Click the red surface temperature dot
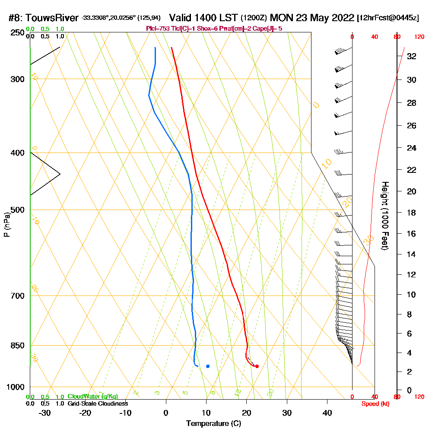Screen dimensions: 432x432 [257, 366]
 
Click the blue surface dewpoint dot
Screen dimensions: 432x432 [208, 366]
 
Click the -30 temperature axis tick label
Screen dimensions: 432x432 [45, 413]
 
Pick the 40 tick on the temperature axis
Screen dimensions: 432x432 [327, 413]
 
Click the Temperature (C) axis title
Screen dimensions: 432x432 [213, 424]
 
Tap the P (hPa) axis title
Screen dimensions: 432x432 [6, 225]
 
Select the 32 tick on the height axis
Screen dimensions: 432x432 [412, 56]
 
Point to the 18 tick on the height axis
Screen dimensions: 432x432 [412, 213]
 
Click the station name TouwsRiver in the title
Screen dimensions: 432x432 [53, 18]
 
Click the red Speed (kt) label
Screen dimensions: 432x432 [375, 403]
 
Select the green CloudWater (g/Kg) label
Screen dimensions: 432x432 [92, 397]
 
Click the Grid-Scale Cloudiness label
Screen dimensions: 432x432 [97, 403]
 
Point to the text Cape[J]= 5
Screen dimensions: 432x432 [267, 29]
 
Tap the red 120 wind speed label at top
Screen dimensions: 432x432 [419, 37]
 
